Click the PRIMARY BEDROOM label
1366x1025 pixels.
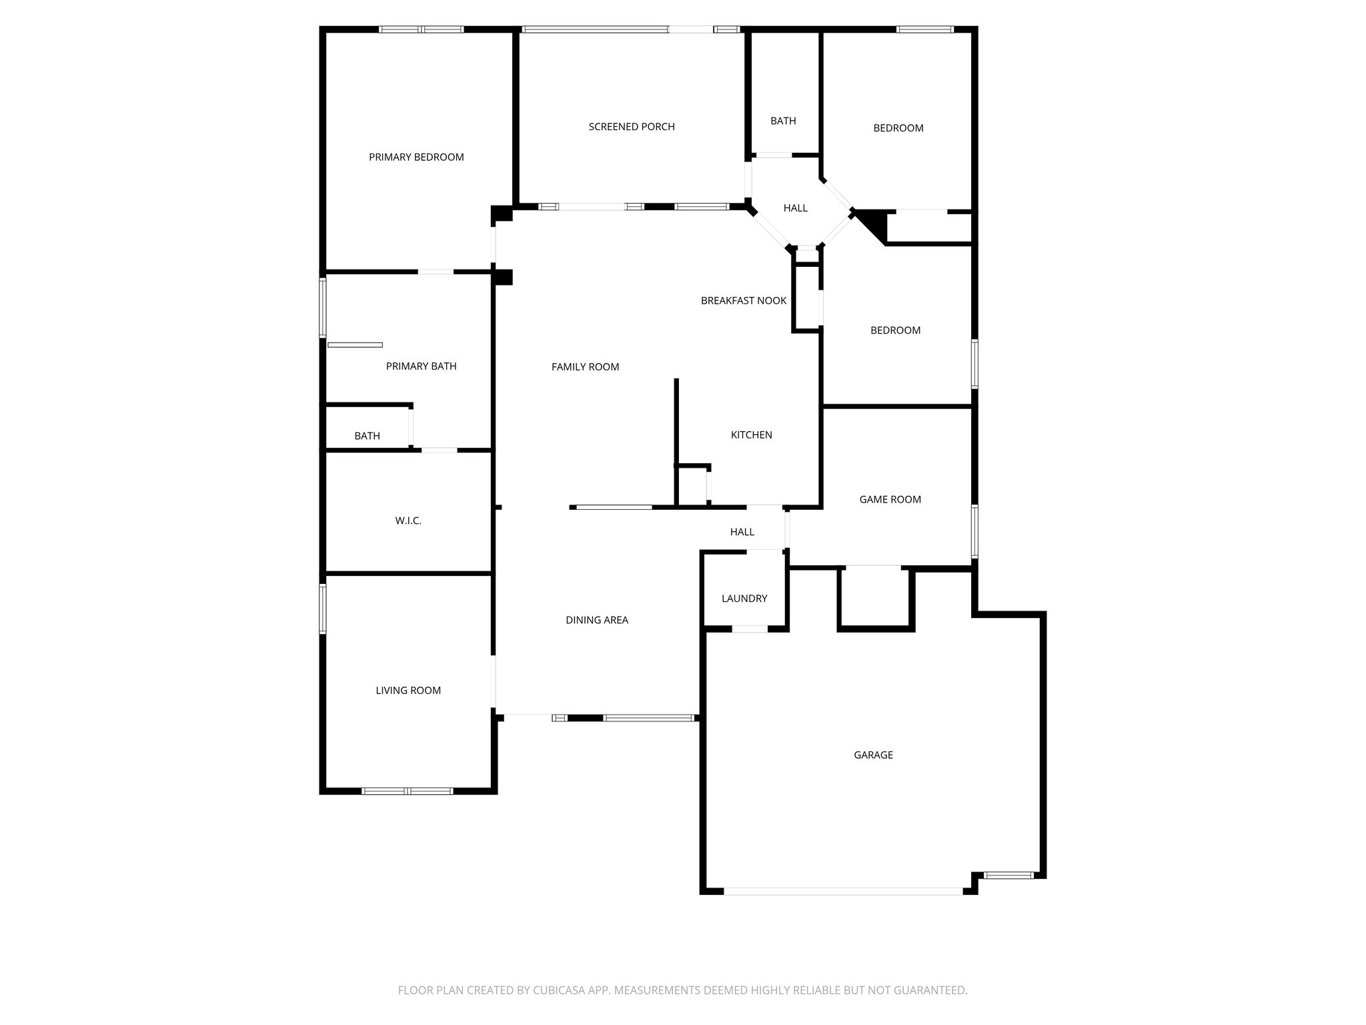point(416,157)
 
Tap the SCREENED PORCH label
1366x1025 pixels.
point(632,127)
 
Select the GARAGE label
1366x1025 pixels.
point(873,755)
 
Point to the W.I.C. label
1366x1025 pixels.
point(408,521)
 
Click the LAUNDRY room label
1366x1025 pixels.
point(744,599)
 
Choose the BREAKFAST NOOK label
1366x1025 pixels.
point(744,301)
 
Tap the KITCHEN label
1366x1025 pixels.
point(752,435)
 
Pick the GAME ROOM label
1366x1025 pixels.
point(890,500)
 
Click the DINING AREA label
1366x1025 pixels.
point(597,621)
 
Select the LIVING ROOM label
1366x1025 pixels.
point(408,691)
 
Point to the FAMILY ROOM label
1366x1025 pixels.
point(585,367)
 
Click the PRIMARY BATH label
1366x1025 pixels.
point(421,366)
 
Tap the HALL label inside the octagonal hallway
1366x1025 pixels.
point(796,208)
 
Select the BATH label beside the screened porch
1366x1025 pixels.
point(783,121)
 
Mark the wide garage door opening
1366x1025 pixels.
point(843,891)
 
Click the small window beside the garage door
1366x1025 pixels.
point(1008,875)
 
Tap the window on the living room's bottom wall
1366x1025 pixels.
point(408,791)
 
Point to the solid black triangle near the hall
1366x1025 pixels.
point(875,223)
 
